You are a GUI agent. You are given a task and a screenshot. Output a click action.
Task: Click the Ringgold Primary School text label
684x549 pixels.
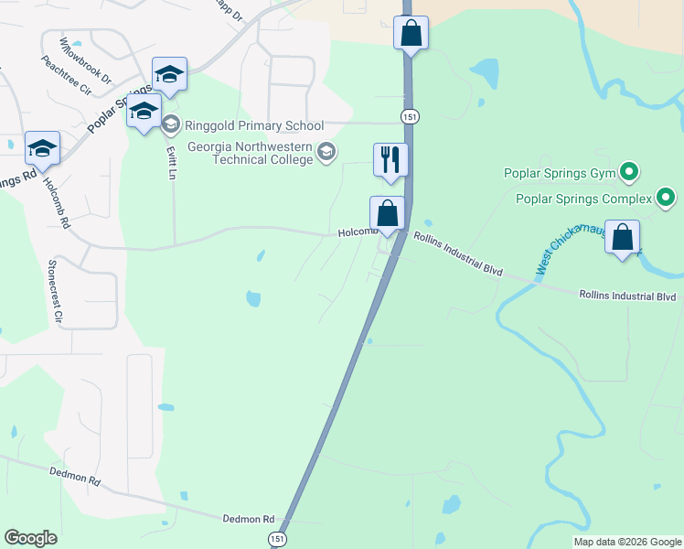254,125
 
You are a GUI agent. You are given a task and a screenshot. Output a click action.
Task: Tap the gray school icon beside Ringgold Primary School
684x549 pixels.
171,124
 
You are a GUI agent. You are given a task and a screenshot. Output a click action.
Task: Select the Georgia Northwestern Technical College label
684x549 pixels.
250,153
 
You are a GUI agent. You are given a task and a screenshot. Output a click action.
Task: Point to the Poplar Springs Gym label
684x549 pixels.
560,172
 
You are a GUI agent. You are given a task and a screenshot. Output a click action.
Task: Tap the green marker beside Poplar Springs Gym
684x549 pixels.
628,171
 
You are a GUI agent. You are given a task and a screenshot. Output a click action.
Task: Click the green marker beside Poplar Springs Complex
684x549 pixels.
667,198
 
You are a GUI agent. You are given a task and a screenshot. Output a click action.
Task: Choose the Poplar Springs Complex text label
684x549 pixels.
582,199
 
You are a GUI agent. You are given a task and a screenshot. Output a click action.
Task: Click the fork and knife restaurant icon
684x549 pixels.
390,160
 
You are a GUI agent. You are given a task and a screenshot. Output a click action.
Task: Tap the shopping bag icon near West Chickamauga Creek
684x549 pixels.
622,238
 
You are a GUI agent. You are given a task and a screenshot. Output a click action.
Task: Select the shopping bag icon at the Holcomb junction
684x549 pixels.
387,214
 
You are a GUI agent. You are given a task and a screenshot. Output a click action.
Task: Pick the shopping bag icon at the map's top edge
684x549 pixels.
411,33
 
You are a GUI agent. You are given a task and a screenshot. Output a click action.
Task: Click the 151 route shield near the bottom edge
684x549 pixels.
277,540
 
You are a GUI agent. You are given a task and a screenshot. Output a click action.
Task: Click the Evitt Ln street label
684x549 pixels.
171,162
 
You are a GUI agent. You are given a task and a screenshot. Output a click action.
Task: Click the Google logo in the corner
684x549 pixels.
31,538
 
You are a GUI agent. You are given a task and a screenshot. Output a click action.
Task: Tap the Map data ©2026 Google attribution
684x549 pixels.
627,542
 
